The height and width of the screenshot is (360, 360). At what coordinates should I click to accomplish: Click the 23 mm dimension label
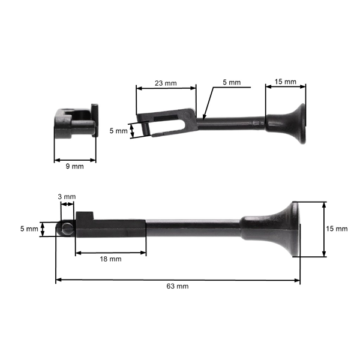click(x=166, y=83)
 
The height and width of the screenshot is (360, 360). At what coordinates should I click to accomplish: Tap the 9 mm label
click(x=74, y=166)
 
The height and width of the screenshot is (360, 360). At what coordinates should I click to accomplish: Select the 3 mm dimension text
click(x=67, y=197)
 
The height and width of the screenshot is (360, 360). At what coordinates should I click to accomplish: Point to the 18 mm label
click(x=110, y=259)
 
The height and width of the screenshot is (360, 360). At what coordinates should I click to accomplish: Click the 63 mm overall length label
click(x=178, y=286)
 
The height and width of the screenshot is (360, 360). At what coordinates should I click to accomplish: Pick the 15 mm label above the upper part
click(x=286, y=82)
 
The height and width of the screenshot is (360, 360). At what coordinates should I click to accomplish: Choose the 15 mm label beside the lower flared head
click(x=337, y=229)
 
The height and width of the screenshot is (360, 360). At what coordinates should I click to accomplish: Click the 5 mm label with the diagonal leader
click(x=232, y=82)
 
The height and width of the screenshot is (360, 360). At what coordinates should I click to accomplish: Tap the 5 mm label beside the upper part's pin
click(x=118, y=131)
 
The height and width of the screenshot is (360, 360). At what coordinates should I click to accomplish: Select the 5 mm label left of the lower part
click(x=29, y=229)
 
